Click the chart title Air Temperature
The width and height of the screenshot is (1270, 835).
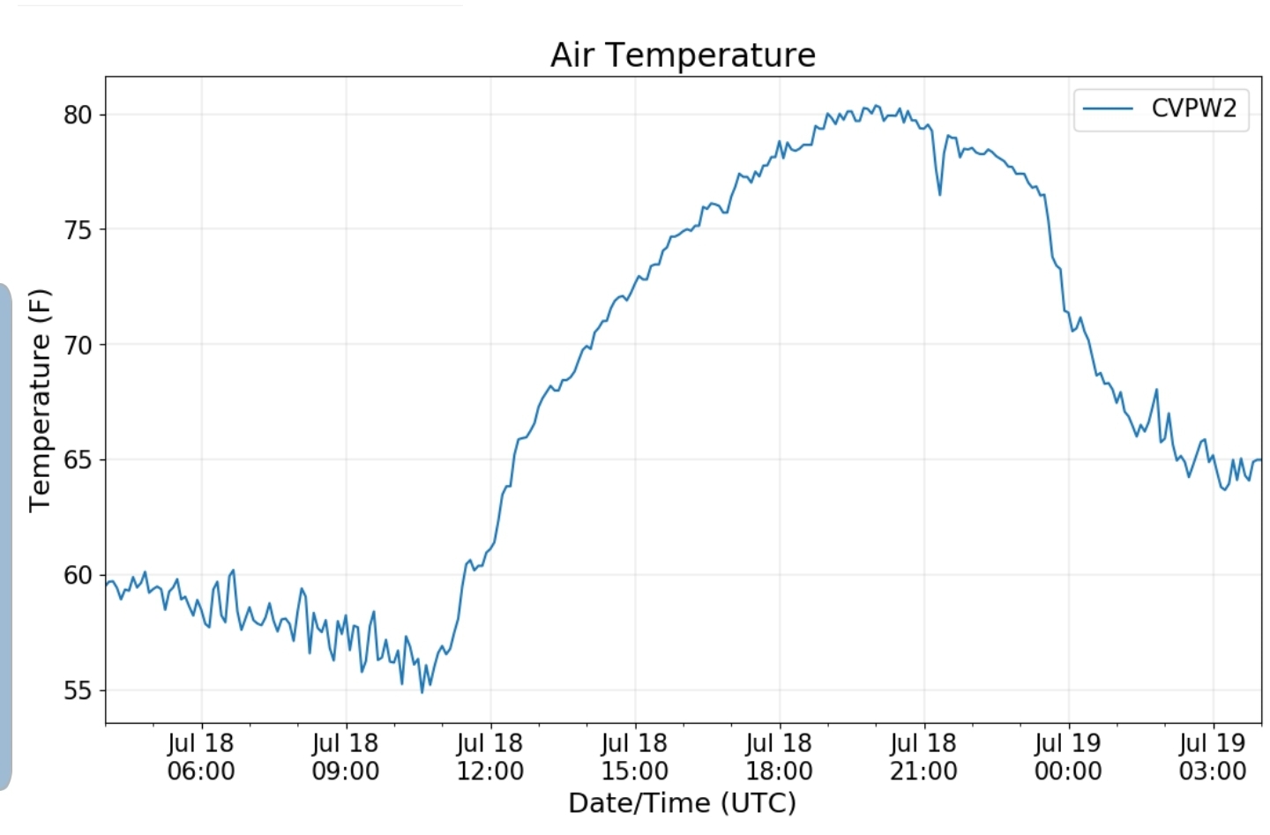point(683,55)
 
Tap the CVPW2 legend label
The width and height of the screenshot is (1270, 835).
point(1193,108)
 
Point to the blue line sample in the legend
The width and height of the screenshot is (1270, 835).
point(1108,108)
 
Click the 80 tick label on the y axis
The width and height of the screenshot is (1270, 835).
point(78,115)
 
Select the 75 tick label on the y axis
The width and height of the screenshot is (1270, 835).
point(78,230)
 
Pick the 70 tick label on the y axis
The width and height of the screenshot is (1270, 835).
point(78,345)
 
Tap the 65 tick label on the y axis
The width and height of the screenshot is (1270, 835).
point(78,460)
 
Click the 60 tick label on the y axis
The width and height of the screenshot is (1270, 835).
point(78,575)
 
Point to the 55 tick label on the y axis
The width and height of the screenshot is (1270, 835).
point(78,690)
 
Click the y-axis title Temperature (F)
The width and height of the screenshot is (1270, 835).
point(40,400)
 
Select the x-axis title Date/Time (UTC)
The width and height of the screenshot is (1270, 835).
point(682,803)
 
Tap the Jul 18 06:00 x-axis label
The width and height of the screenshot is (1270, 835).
point(201,757)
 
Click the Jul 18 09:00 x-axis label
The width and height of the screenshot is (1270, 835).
point(346,757)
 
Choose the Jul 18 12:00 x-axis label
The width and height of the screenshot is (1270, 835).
point(490,757)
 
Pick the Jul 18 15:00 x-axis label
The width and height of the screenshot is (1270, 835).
point(635,757)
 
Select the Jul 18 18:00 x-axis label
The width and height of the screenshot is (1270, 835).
point(780,757)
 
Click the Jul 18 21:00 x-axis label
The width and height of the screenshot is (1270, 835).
point(923,757)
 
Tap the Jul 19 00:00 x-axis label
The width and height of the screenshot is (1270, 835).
point(1068,757)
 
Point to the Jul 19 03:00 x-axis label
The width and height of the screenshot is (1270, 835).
point(1213,757)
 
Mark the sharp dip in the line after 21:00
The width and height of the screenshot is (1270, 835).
point(940,193)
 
